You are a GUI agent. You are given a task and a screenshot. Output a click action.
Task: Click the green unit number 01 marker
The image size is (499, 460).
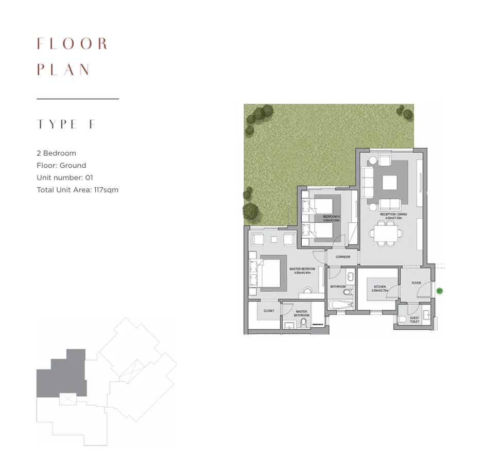coord(439,291)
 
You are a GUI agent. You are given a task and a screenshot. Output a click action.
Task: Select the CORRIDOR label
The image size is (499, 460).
coord(342,257)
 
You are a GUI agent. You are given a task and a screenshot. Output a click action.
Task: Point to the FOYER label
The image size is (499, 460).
coord(416,283)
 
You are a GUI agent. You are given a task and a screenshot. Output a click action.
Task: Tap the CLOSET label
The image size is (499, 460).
coord(269,311)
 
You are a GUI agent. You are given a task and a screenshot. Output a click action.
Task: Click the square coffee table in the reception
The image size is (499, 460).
coord(390,183)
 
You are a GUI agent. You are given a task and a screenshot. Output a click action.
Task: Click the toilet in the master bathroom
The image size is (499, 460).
coord(303,323)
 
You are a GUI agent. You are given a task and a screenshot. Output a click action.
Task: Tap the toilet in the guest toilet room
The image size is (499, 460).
coord(402,319)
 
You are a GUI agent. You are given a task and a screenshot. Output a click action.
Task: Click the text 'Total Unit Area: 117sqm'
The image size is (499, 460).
coord(77,190)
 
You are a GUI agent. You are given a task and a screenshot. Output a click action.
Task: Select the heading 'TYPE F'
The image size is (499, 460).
coord(66,125)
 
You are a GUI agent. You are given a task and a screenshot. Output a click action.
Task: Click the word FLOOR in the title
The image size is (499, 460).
coord(72,44)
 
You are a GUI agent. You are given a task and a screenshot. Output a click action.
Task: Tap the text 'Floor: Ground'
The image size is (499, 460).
coord(61,165)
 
